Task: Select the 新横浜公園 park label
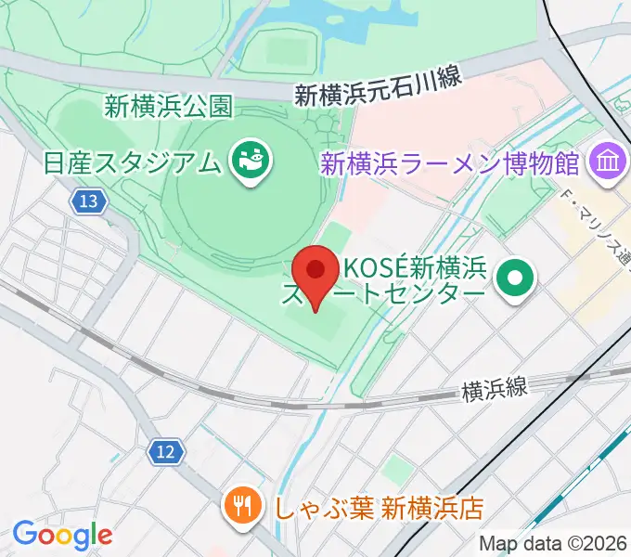coord(167,107)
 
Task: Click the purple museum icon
coord(608,162)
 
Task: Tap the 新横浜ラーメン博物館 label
coord(451,164)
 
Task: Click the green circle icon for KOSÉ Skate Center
coord(513,276)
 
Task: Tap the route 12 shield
coord(163,452)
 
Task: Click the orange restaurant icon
coord(243,507)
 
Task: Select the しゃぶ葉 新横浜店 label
coord(379,508)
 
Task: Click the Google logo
coord(62,535)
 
